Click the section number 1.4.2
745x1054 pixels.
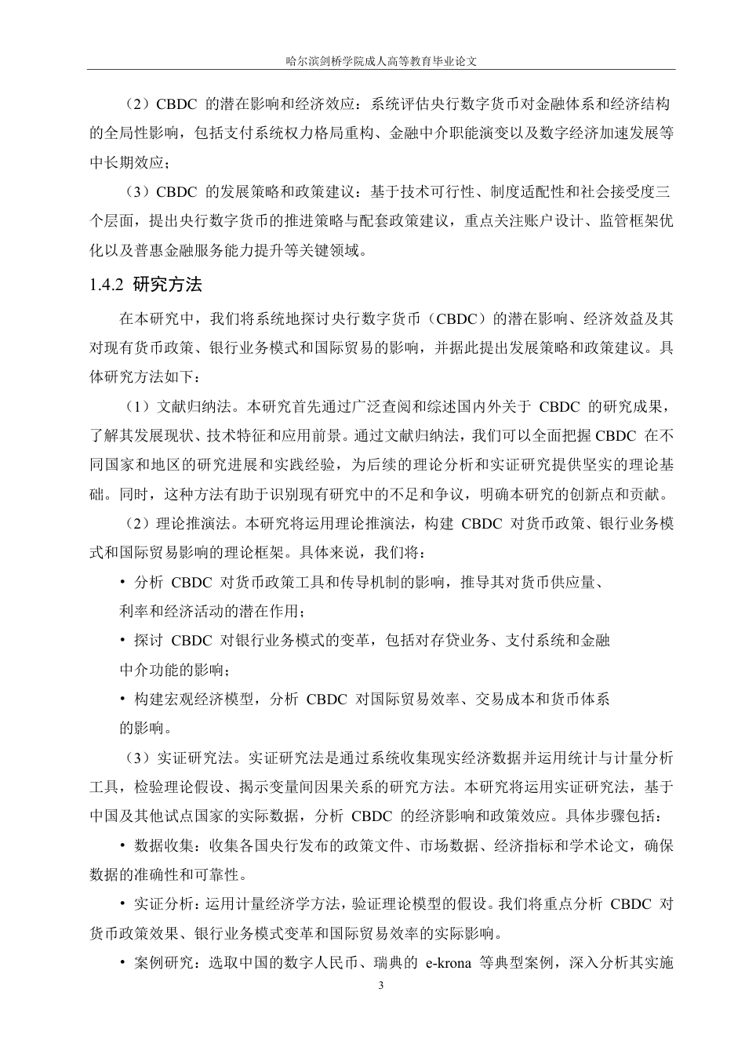pyautogui.click(x=107, y=285)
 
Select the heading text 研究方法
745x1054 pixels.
pyautogui.click(x=168, y=285)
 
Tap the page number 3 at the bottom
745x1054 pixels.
pyautogui.click(x=380, y=986)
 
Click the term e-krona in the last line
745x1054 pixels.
pyautogui.click(x=447, y=963)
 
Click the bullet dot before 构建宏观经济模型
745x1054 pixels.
pyautogui.click(x=123, y=699)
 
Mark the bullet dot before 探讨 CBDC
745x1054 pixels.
pyautogui.click(x=123, y=641)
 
